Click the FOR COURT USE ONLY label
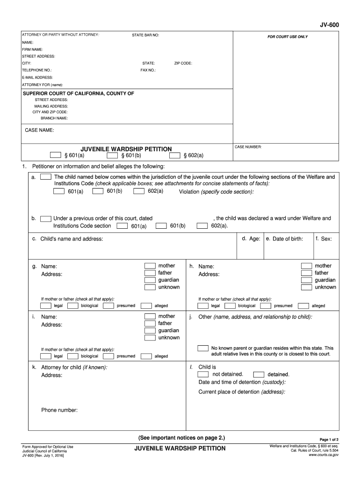click(288, 36)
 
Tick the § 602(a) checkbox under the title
click(174, 155)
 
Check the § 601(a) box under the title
click(56, 155)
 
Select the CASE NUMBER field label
click(248, 147)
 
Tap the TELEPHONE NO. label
click(37, 70)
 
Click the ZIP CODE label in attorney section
click(183, 63)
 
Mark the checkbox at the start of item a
click(46, 177)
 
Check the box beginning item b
click(46, 218)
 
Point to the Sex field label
click(324, 239)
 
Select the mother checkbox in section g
click(150, 266)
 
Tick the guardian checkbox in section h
click(306, 280)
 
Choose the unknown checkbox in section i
click(150, 338)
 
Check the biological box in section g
click(73, 306)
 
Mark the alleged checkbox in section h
click(303, 306)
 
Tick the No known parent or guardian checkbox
click(203, 348)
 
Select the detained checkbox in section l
click(259, 375)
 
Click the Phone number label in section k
click(59, 410)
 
